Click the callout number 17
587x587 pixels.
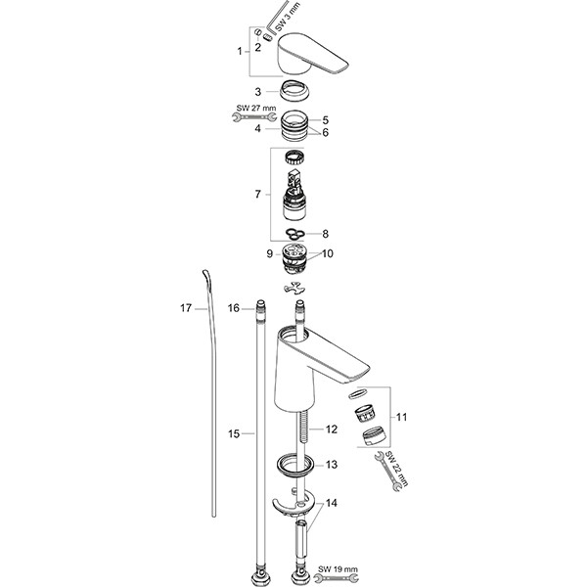point(186,308)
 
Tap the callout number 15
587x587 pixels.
point(234,432)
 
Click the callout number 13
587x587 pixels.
point(332,465)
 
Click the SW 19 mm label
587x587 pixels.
point(338,568)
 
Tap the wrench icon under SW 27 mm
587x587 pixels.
point(245,117)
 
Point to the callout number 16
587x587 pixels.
point(234,308)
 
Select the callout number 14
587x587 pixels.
point(332,505)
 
